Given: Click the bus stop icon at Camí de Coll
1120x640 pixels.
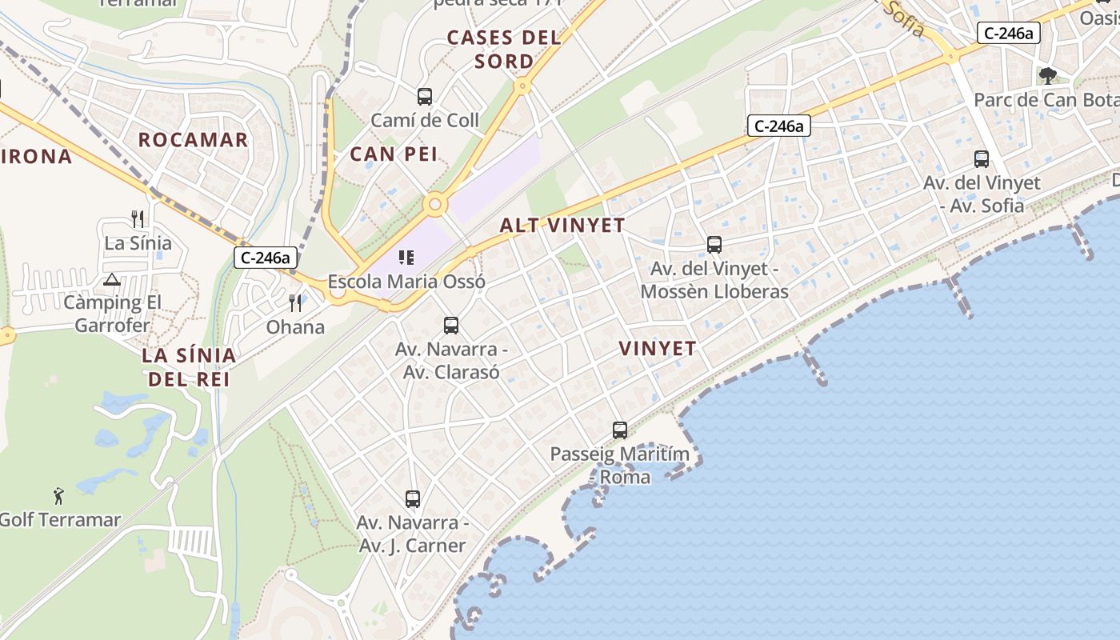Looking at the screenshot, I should (425, 97).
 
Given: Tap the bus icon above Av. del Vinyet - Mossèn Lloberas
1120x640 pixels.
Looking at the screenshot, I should (714, 245).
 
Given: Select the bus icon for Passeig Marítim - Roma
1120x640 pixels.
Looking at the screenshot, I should (620, 430).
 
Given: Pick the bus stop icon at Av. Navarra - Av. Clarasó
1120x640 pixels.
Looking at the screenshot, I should (451, 326).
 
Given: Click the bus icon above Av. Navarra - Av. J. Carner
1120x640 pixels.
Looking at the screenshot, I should (413, 499).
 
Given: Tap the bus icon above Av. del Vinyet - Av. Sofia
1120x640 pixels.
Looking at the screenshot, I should (982, 159).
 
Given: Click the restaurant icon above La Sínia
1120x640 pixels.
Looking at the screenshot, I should (138, 219).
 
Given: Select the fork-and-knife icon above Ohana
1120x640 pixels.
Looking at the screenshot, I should (296, 303).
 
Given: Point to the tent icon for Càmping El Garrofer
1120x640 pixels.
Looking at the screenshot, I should (112, 279).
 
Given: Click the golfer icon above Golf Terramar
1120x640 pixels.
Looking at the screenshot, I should (58, 496).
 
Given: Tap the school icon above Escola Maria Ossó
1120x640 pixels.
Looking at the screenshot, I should (406, 258).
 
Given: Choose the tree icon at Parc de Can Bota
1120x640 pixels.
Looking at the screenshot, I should (1048, 76).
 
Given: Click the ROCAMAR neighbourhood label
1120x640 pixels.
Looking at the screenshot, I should (193, 140).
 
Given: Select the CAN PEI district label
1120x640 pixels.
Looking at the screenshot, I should (394, 154).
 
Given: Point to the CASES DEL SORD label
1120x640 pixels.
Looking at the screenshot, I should (504, 49).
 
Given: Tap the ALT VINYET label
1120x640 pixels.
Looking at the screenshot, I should (562, 226).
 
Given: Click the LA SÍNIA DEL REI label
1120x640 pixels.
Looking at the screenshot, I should (189, 366).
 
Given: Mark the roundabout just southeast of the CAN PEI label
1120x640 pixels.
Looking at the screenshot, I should (435, 204).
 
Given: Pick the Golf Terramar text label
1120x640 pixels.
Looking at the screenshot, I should (61, 520).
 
